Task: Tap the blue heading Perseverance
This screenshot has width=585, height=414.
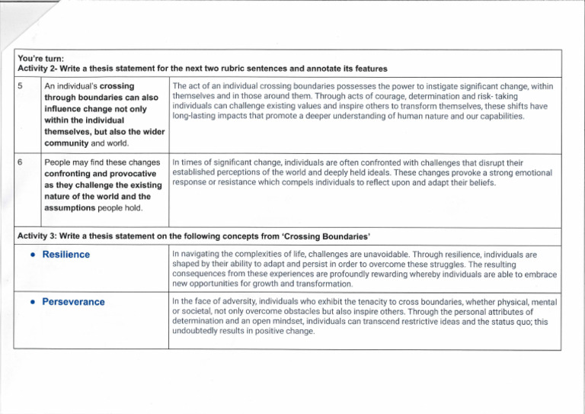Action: pos(75,302)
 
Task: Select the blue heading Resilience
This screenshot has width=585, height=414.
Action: pos(66,254)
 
